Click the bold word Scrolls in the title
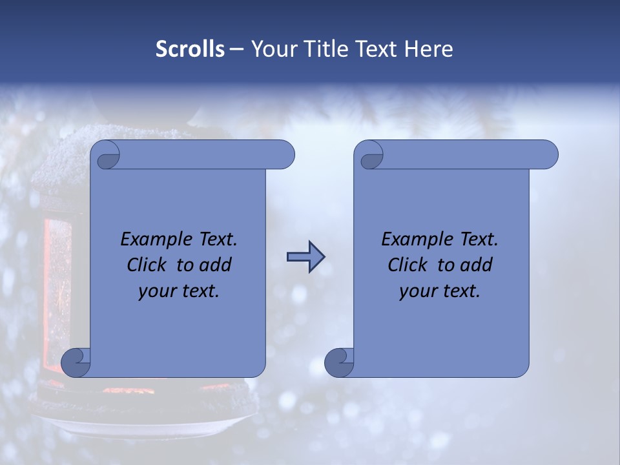190,49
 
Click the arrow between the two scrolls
305,257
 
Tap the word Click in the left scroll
147,265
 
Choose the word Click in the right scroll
408,265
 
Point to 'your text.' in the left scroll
179,291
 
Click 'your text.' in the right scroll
440,291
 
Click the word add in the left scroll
216,265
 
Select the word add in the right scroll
477,265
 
